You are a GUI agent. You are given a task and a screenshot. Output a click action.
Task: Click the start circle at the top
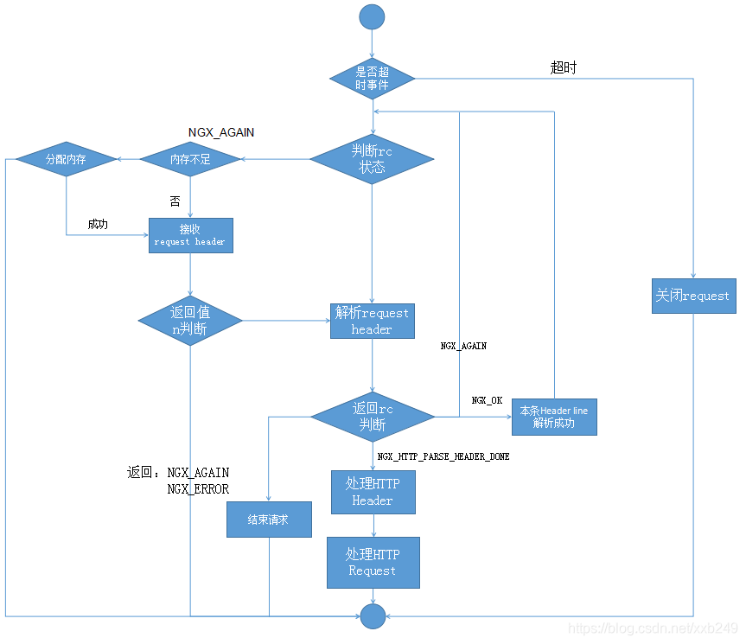[x=372, y=16]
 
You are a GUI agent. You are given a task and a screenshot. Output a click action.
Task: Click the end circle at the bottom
[x=373, y=615]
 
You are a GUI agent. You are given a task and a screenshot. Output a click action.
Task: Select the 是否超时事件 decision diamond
[x=373, y=79]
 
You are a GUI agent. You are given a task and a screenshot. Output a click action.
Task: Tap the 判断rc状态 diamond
[x=372, y=158]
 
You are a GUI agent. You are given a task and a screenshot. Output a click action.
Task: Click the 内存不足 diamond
[x=190, y=159]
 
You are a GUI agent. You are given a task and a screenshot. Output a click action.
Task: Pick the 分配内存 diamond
[x=66, y=159]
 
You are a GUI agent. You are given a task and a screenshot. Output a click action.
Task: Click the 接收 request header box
[x=190, y=235]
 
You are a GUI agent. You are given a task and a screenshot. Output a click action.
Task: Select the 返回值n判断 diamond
[x=190, y=322]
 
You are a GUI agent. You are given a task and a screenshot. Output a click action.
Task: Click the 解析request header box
[x=373, y=321]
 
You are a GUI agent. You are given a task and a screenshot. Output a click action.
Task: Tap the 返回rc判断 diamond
[x=373, y=417]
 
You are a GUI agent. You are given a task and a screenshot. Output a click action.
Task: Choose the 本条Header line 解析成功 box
[x=554, y=417]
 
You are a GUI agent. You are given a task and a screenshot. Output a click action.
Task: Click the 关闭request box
[x=693, y=296]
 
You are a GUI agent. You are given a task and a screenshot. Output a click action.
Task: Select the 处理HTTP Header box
[x=373, y=493]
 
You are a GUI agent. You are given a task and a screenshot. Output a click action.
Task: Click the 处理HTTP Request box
[x=373, y=563]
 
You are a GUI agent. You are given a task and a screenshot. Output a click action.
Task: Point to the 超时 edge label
[x=563, y=67]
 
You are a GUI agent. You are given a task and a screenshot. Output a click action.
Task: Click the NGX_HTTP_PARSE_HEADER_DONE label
[x=443, y=456]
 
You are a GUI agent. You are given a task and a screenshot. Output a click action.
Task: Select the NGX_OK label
[x=487, y=401]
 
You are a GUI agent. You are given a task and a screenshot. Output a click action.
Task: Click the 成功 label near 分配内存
[x=98, y=224]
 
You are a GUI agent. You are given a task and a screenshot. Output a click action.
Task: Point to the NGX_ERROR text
[x=198, y=489]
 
